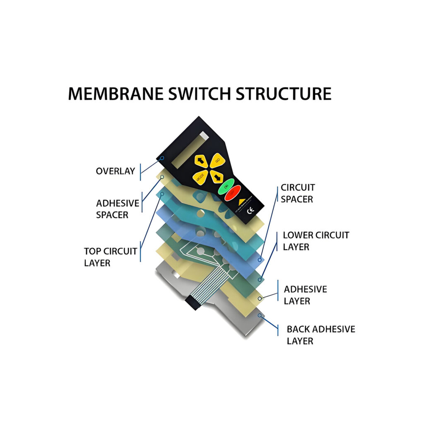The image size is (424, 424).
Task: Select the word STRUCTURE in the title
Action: point(284,94)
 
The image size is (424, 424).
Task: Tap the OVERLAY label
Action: point(115,171)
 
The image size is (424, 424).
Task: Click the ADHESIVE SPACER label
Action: point(117,209)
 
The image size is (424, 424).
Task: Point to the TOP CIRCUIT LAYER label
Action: point(110,257)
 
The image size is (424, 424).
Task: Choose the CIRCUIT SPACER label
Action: point(297,193)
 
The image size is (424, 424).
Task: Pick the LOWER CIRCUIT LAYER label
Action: point(316,241)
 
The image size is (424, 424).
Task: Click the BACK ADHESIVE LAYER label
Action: point(320,335)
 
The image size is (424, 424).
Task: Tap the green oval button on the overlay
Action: point(226,187)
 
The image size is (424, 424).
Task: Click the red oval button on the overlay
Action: point(233,193)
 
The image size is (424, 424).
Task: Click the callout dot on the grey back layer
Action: point(260,316)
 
